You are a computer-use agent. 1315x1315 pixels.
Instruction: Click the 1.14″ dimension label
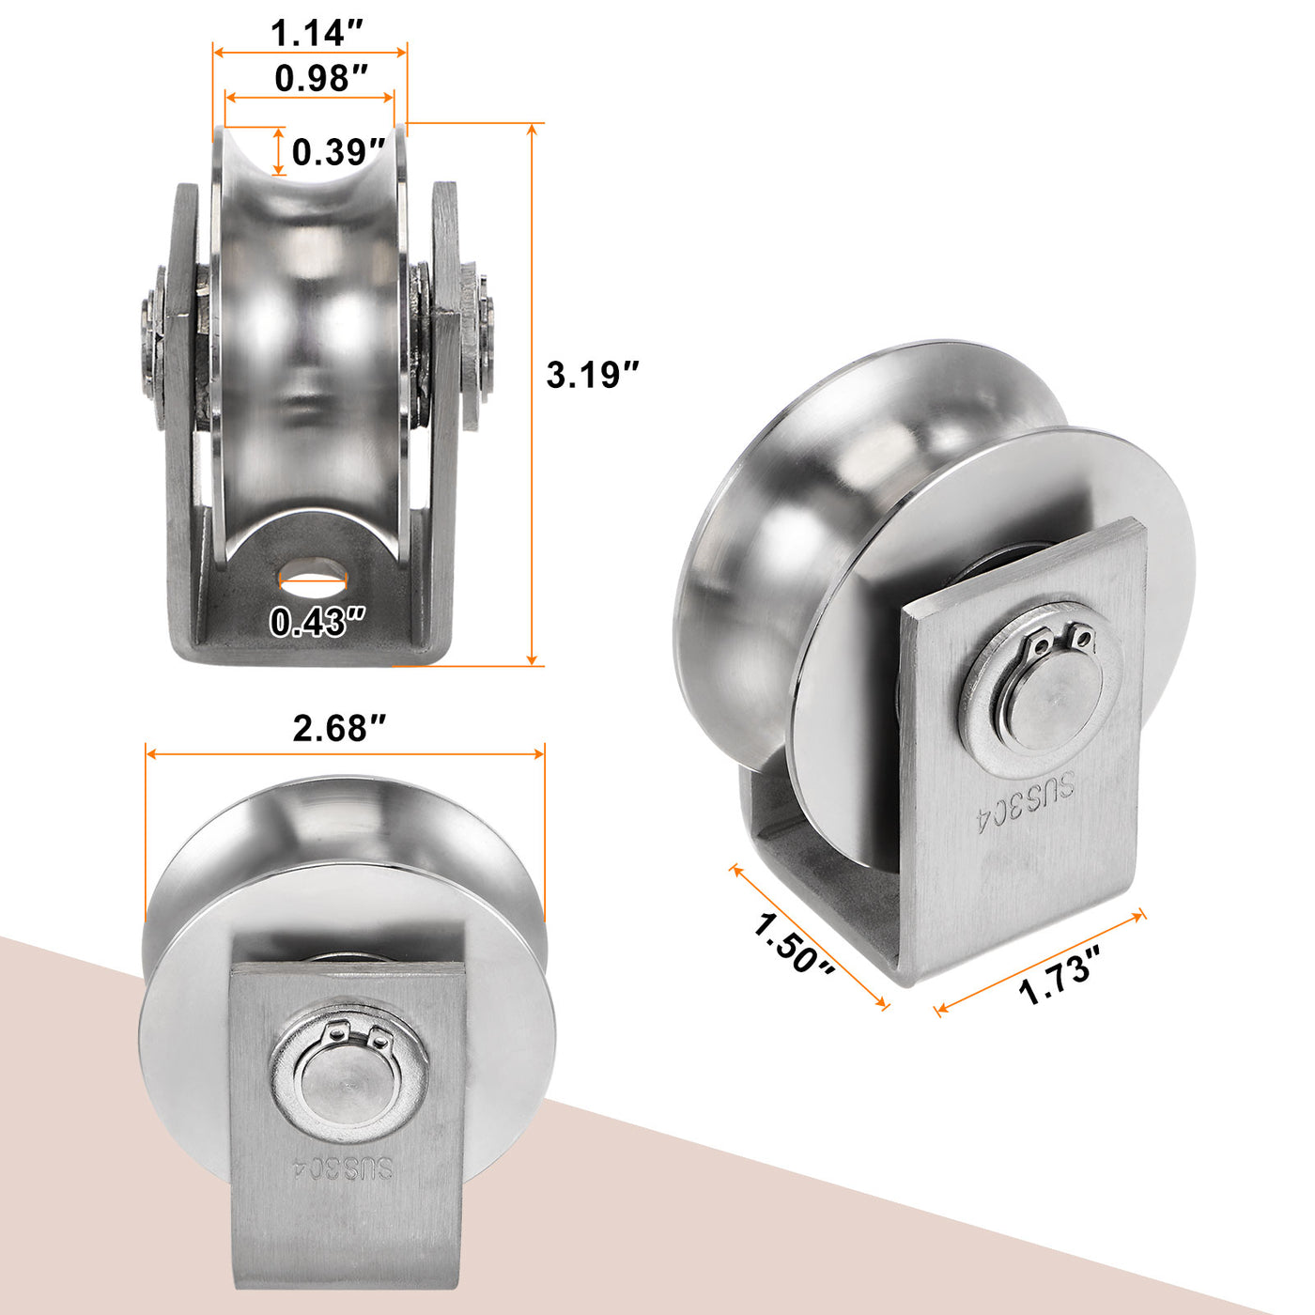click(316, 32)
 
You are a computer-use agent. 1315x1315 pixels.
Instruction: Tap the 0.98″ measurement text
click(320, 78)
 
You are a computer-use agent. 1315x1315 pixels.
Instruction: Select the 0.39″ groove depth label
click(338, 151)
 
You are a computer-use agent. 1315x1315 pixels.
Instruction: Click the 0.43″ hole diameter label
click(317, 622)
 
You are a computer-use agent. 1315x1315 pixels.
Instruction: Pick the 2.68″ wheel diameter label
click(339, 728)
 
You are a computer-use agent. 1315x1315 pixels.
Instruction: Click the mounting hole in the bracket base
click(313, 570)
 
